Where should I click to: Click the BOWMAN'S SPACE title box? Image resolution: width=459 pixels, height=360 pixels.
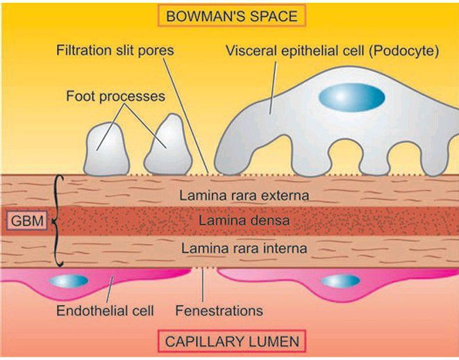tap(230, 15)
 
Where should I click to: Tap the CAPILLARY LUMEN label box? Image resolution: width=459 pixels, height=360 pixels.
tap(231, 342)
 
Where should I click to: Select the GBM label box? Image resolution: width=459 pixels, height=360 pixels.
tap(24, 221)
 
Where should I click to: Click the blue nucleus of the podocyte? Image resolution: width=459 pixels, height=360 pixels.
tap(351, 97)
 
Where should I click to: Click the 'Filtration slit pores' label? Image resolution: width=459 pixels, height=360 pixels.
tap(116, 51)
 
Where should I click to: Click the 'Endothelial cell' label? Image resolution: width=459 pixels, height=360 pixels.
tap(105, 310)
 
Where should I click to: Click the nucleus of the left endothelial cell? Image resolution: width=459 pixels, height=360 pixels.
tap(68, 281)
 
